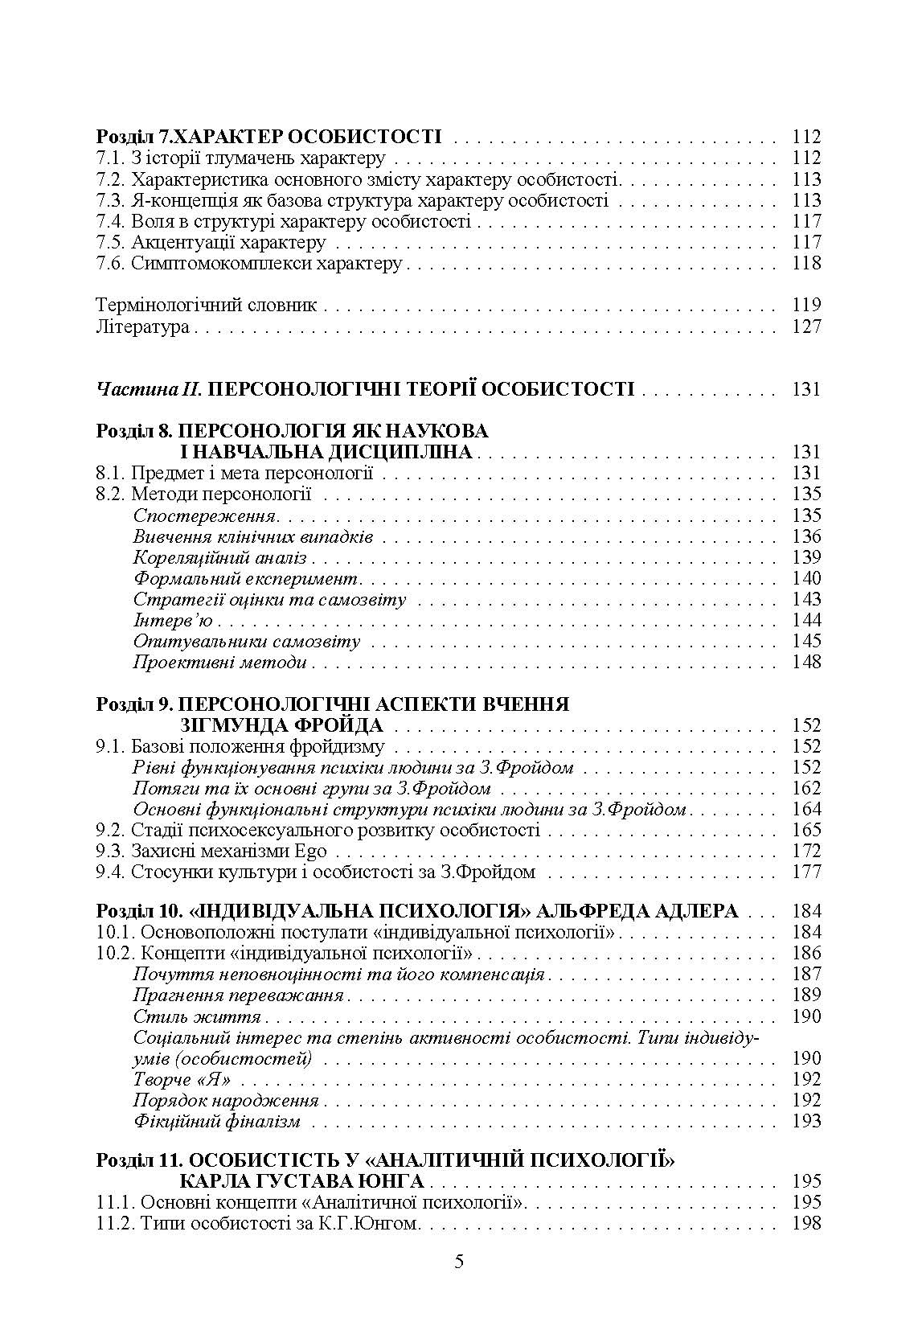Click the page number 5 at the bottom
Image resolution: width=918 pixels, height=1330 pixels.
coord(459,1261)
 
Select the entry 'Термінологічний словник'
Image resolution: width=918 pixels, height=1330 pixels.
coord(207,306)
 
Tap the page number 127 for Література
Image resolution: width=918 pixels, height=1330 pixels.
coord(806,326)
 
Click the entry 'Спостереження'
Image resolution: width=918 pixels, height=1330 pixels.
coord(205,515)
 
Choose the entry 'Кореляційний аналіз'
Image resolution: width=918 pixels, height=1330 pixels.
coord(219,557)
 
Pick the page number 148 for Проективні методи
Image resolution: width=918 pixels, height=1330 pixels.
coord(806,662)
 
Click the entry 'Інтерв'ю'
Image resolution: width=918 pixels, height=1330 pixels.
coord(173,620)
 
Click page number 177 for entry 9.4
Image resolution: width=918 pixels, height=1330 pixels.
coord(806,872)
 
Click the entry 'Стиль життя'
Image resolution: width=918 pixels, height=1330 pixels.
coord(197,1016)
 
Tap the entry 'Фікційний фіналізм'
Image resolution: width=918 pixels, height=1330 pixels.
coord(217,1121)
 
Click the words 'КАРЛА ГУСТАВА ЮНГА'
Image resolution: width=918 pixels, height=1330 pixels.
coord(301,1181)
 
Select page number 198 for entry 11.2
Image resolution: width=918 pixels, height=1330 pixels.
coord(806,1223)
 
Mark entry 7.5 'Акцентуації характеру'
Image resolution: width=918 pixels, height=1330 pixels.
coord(211,242)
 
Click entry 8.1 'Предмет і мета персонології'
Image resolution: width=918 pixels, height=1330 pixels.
coord(235,474)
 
